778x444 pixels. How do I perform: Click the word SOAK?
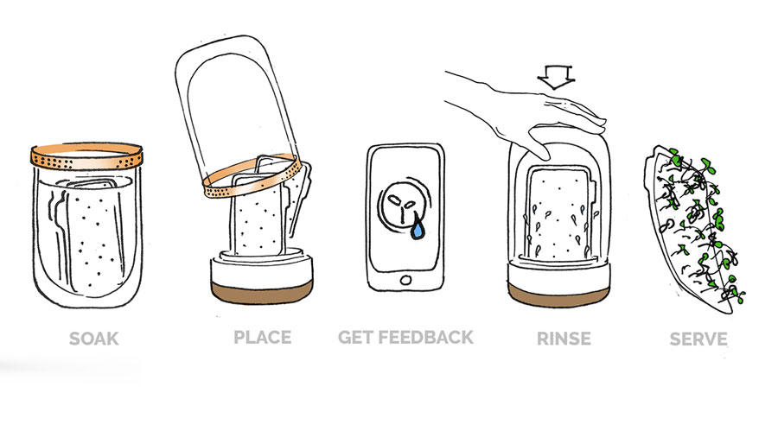pos(93,339)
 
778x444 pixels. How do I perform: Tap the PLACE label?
pos(263,338)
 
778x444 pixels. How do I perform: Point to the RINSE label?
pos(564,339)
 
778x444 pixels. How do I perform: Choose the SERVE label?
pos(698,339)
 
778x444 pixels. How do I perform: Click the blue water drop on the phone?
pos(418,229)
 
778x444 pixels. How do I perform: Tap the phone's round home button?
pos(405,280)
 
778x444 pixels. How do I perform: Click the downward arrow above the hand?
pos(556,77)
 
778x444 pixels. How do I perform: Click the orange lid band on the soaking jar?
pos(86,157)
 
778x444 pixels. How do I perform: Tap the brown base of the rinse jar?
pos(558,295)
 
